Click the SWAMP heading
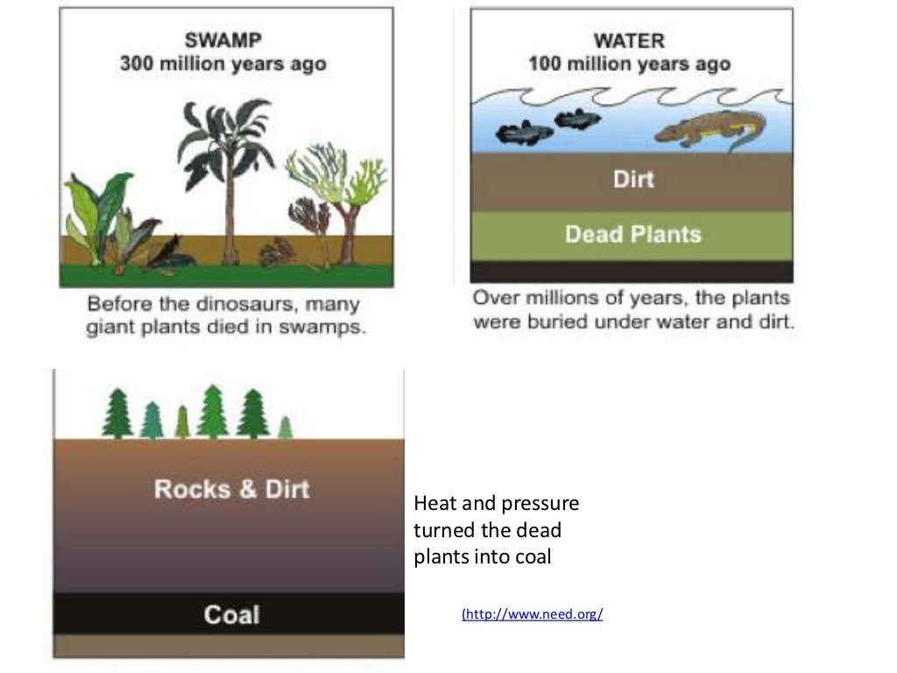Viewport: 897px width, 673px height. pos(223,40)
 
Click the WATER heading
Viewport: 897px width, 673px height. pos(629,40)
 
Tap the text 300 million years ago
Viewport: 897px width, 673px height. pos(223,64)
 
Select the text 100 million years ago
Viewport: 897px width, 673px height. pos(629,64)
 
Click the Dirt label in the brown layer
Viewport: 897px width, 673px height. pos(633,180)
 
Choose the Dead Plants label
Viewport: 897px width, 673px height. pos(632,234)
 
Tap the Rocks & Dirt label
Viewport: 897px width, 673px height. pos(231,488)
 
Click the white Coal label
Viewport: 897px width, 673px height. pos(231,614)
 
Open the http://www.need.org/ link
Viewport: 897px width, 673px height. pos(533,614)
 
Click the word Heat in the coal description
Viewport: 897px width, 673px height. pos(432,504)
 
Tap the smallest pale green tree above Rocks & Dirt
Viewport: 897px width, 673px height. pos(285,428)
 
